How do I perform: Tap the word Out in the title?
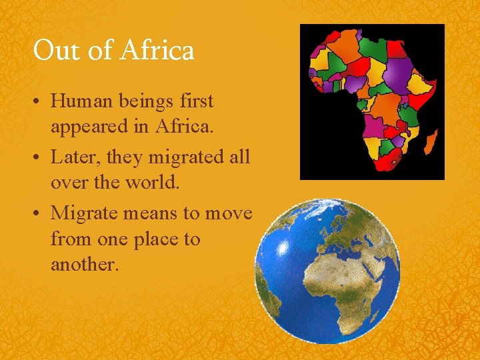52,50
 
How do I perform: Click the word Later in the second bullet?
73,158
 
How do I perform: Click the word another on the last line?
84,264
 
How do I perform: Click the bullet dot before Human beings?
39,102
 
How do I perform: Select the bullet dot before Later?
39,158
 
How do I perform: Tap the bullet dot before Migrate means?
39,214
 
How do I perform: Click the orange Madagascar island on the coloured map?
431,142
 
